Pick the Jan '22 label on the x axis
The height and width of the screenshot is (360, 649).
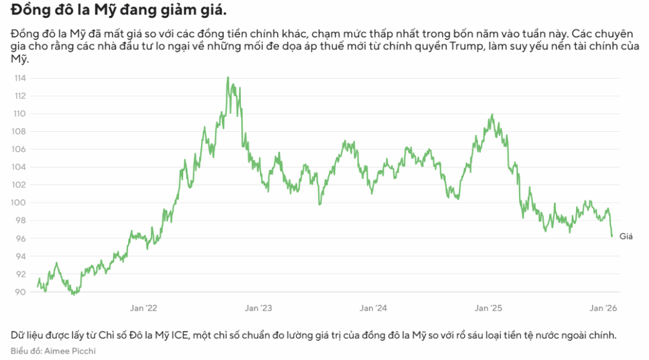pyautogui.click(x=144, y=308)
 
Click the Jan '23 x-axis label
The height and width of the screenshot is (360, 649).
pyautogui.click(x=259, y=308)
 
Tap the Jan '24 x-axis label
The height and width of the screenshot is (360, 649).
pyautogui.click(x=373, y=308)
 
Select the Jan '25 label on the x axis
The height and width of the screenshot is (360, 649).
pyautogui.click(x=489, y=308)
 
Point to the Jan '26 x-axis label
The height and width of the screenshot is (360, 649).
pyautogui.click(x=603, y=308)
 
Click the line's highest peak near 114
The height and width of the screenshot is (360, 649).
pyautogui.click(x=228, y=77)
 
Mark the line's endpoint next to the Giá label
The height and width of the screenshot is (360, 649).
pyautogui.click(x=612, y=236)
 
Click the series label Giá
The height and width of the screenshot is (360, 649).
pyautogui.click(x=626, y=236)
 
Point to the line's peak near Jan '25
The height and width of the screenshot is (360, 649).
pyautogui.click(x=492, y=115)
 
